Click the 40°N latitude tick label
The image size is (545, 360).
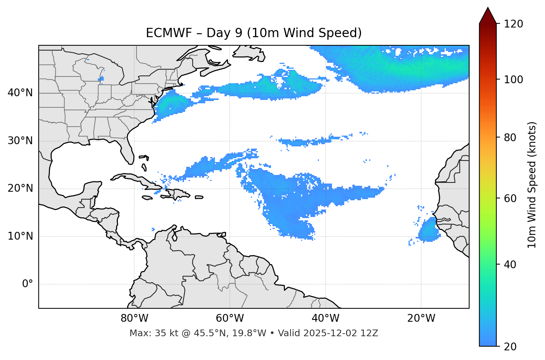point(20,93)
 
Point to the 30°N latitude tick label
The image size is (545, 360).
point(20,141)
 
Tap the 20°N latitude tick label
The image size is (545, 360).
point(20,188)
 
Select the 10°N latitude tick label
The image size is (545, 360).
point(20,236)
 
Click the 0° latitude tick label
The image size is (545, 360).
point(28,284)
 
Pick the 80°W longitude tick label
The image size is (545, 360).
point(134,318)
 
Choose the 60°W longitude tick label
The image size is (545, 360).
point(230,318)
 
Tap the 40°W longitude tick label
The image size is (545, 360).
point(325,318)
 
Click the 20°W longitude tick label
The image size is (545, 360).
point(421,318)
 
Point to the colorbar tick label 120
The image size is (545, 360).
point(513,24)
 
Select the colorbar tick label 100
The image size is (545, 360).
point(513,80)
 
